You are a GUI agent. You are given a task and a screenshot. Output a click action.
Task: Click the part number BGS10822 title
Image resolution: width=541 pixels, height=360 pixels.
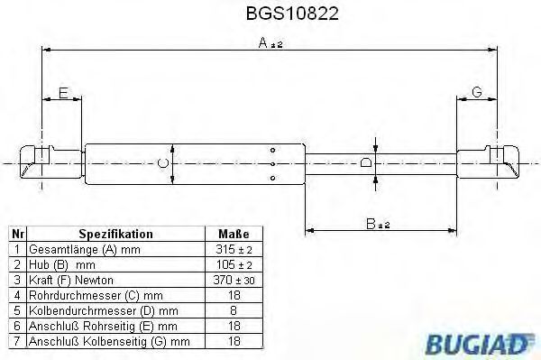(x=292, y=14)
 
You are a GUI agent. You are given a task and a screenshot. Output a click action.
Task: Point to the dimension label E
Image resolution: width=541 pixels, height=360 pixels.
(x=63, y=93)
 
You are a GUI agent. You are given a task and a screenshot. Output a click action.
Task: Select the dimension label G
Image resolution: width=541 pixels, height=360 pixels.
(x=477, y=92)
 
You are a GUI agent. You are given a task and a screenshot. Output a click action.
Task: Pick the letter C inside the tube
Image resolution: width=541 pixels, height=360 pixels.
(x=162, y=163)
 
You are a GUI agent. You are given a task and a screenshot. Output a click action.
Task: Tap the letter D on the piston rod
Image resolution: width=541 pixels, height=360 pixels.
(x=366, y=162)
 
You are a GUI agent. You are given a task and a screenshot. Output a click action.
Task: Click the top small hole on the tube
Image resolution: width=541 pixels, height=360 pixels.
(x=272, y=150)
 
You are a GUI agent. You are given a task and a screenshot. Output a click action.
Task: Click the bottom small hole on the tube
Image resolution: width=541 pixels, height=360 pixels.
(x=272, y=178)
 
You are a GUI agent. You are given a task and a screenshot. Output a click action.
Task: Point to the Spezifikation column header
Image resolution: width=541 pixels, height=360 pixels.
(x=116, y=234)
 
